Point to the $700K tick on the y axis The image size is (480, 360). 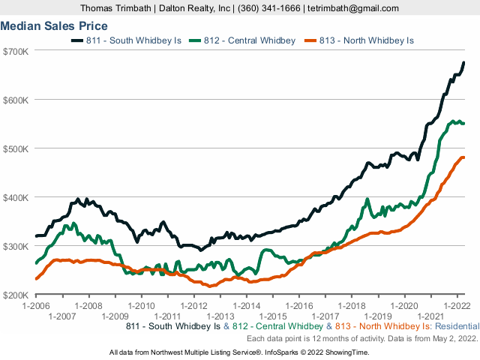tap(15, 51)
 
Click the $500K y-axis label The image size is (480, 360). tap(15, 148)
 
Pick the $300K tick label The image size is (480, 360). tap(15, 246)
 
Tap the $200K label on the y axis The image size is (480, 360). tap(15, 295)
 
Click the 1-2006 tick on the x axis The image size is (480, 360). tap(36, 306)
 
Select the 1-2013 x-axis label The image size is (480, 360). tap(220, 316)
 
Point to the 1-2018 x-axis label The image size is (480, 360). tap(352, 306)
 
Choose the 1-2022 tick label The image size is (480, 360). tap(457, 306)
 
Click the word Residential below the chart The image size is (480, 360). tap(454, 326)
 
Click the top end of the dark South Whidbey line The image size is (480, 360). tap(463, 63)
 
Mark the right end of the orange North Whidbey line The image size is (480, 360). tap(464, 157)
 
